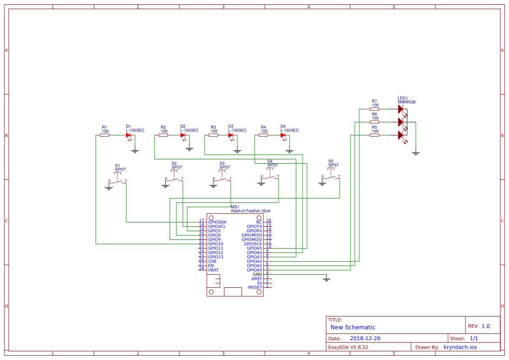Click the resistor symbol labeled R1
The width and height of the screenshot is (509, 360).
pyautogui.click(x=104, y=135)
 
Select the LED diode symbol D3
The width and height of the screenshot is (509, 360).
pyautogui.click(x=231, y=135)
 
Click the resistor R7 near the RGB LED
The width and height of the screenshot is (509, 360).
pyautogui.click(x=374, y=109)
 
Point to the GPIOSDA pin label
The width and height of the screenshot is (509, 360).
pyautogui.click(x=217, y=222)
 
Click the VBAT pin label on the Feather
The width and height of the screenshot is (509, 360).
pyautogui.click(x=213, y=270)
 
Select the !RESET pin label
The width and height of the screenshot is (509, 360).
pyautogui.click(x=255, y=287)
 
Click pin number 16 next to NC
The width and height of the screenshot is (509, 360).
pyautogui.click(x=269, y=221)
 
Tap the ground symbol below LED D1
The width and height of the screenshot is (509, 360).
pyautogui.click(x=135, y=151)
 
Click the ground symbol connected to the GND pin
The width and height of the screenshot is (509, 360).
pyautogui.click(x=327, y=279)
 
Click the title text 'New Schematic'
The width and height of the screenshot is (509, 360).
pyautogui.click(x=353, y=327)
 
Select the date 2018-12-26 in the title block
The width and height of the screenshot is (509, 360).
pyautogui.click(x=365, y=338)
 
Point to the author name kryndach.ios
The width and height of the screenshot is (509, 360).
pyautogui.click(x=460, y=347)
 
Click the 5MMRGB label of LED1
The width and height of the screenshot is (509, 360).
pyautogui.click(x=407, y=101)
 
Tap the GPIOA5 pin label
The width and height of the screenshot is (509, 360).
pyautogui.click(x=254, y=248)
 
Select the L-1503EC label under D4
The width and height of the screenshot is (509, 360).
pyautogui.click(x=290, y=130)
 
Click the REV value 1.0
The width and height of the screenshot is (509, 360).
pyautogui.click(x=485, y=326)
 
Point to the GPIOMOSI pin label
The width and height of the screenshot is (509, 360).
pyautogui.click(x=252, y=239)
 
